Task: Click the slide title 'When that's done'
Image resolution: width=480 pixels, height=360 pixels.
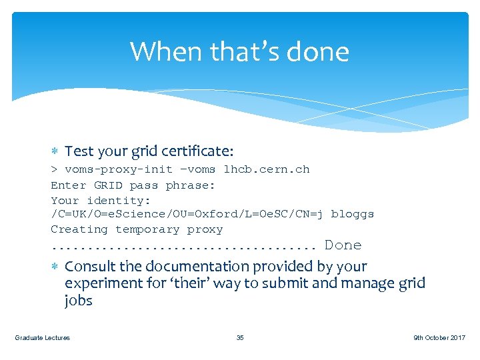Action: tap(239, 51)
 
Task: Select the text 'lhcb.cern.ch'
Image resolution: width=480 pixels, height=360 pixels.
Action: tap(267, 169)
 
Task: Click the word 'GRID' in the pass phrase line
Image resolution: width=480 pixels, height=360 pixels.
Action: tap(108, 185)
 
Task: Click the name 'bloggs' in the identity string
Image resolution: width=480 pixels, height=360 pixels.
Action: tap(352, 214)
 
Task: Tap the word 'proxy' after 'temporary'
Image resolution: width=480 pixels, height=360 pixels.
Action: tap(205, 229)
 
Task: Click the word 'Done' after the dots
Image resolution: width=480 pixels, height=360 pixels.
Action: tap(343, 245)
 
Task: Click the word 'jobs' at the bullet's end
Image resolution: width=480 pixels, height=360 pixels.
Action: tap(78, 301)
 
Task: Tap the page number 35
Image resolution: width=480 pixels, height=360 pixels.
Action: tap(240, 338)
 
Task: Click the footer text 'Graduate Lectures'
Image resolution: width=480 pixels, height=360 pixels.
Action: tap(42, 338)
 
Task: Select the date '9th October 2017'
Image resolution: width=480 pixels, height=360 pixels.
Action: tap(439, 338)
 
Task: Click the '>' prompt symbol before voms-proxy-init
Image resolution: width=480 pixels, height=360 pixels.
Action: tap(54, 169)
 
